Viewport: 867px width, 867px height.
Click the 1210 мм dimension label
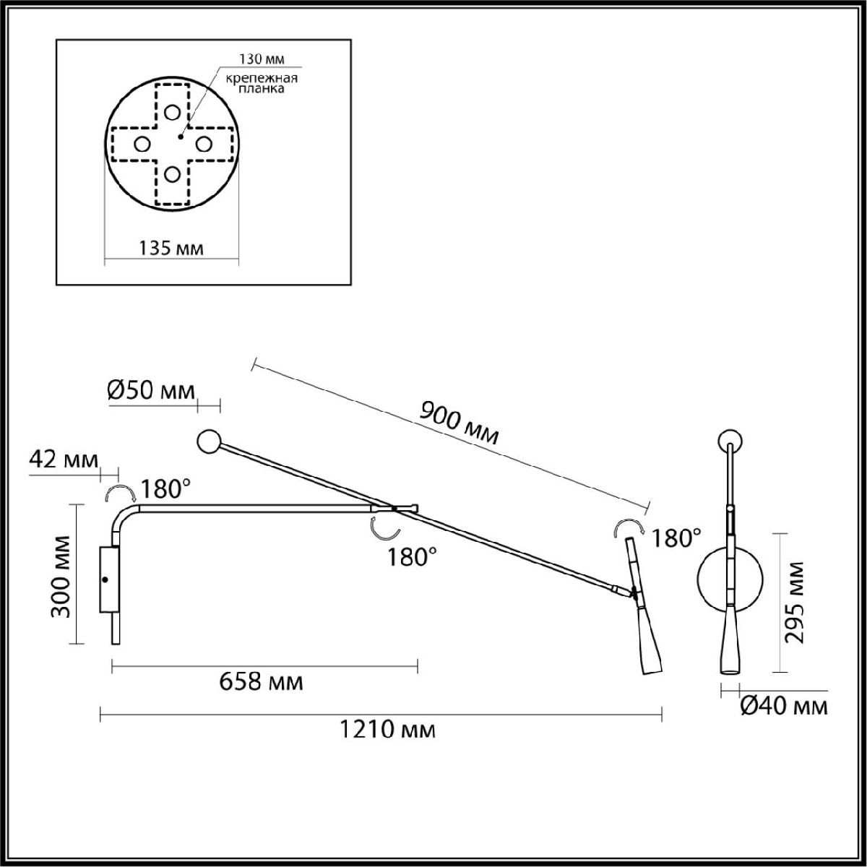(x=387, y=730)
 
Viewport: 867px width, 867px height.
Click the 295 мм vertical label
(x=797, y=600)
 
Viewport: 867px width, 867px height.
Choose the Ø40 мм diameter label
(x=784, y=706)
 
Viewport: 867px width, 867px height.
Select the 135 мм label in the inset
(x=171, y=249)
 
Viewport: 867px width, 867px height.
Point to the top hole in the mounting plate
(x=172, y=113)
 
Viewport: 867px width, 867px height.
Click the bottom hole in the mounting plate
(x=172, y=174)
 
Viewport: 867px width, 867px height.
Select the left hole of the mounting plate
(x=142, y=144)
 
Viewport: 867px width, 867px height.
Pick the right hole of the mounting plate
(x=203, y=144)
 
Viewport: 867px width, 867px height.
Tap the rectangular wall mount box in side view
(x=109, y=579)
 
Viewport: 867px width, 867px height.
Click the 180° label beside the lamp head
(x=676, y=538)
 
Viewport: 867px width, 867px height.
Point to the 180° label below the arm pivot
(x=412, y=557)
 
